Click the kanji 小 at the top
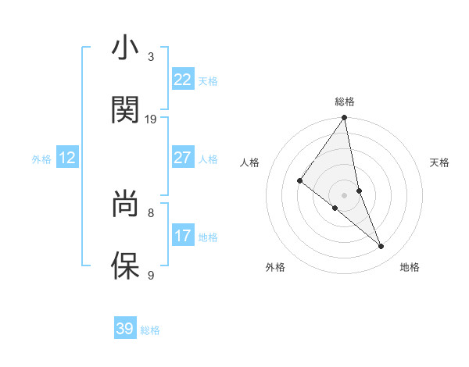tap(125, 48)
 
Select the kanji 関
tap(125, 110)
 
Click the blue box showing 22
tap(183, 80)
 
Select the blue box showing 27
tap(183, 158)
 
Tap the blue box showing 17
tap(183, 236)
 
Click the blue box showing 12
tap(67, 158)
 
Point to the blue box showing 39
tap(125, 329)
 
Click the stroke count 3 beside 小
tap(151, 57)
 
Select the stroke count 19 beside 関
tap(151, 119)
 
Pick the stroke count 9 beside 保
tap(151, 275)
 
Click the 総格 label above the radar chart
tap(345, 102)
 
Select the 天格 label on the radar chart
tap(440, 162)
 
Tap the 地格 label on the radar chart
tap(410, 268)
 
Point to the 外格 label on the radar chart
tap(275, 268)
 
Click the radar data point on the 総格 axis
tap(345, 118)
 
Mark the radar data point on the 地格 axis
tap(381, 246)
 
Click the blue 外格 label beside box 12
tap(41, 159)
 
